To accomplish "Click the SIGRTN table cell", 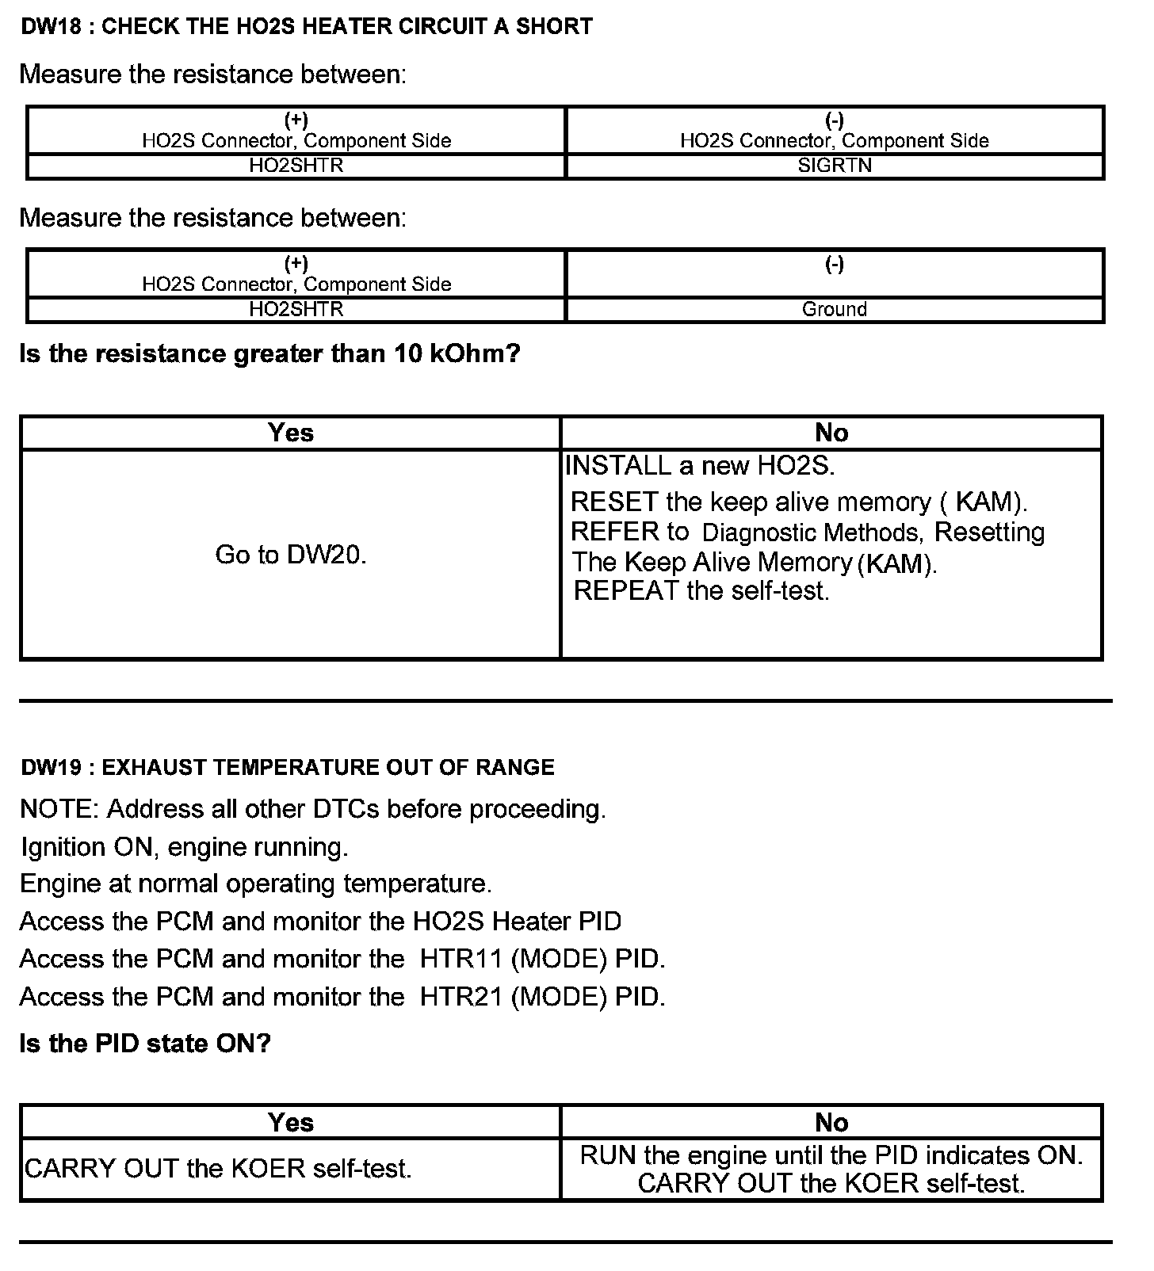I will click(835, 166).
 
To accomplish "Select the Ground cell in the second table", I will click(835, 309).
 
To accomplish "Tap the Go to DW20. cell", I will click(291, 555).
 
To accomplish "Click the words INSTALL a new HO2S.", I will click(700, 465).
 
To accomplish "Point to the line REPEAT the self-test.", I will click(701, 591).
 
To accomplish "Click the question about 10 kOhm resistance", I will click(269, 353).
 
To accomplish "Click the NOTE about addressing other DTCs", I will click(312, 809).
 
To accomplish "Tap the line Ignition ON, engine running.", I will click(184, 847).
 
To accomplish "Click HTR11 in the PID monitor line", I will click(461, 959).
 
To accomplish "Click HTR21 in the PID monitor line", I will click(461, 996).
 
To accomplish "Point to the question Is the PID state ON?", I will click(145, 1043).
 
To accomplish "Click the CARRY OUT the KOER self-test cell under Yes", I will click(219, 1169).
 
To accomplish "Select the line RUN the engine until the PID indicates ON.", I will click(831, 1155).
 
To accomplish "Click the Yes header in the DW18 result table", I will click(291, 433).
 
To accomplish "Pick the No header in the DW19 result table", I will click(831, 1122).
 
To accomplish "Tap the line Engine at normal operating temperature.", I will click(255, 884).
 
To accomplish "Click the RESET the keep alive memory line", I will click(799, 502).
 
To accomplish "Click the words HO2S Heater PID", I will click(517, 922).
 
